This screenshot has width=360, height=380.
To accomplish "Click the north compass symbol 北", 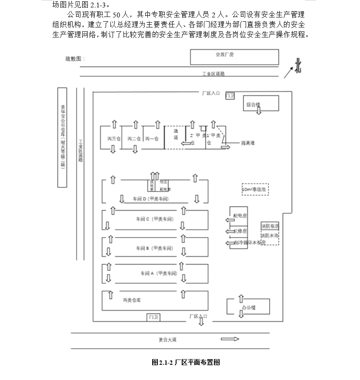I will pos(298,66).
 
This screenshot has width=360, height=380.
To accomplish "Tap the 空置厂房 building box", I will pos(234,57).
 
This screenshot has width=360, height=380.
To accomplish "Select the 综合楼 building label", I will pos(253,104).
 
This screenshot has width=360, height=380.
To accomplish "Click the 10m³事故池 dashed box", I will pos(255,189).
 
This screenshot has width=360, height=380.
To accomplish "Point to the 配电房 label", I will pos(240,215).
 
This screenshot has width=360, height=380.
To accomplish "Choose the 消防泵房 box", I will pos(270,226).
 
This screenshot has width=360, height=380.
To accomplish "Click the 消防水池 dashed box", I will pos(270,236).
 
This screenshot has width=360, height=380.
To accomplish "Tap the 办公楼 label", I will pos(249,307).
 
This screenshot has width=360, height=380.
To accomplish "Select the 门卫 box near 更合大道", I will pos(153,317).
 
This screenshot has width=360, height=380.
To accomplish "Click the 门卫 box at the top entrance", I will pos(230,95).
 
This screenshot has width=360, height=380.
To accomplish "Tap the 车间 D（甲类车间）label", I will pos(150,199).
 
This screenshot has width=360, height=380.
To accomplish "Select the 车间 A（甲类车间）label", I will pos(158,273).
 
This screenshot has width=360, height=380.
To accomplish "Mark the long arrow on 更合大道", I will pos(230,339).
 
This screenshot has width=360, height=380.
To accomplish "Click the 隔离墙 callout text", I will pos(248,142).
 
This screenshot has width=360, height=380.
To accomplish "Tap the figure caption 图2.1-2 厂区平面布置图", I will pos(186,362).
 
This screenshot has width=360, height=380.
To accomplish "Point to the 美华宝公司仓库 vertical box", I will pos(62,137).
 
